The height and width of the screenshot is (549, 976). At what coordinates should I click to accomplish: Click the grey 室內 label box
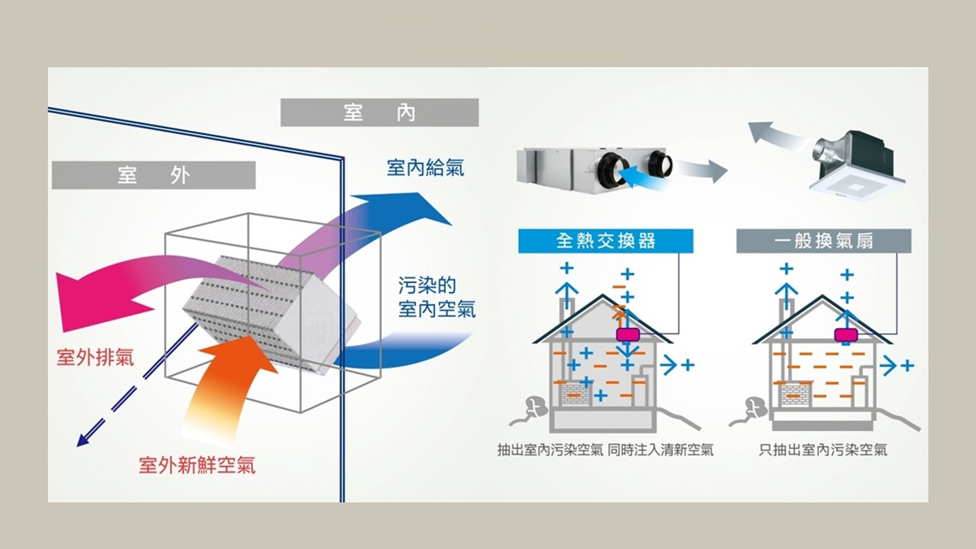point(380,112)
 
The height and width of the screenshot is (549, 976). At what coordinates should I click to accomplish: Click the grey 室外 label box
point(153,175)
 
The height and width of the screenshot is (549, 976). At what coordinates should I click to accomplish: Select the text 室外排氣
point(95,357)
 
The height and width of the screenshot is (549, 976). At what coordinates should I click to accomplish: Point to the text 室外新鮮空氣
point(198,465)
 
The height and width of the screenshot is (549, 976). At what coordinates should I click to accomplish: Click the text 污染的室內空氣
point(437,298)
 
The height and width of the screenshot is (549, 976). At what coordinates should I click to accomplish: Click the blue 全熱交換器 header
point(606,242)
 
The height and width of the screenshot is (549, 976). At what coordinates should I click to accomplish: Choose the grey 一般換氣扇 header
point(823,242)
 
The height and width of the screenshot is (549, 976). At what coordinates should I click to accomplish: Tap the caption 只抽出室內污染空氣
point(822,449)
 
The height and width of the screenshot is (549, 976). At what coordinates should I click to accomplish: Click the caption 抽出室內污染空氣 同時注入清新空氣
point(605,449)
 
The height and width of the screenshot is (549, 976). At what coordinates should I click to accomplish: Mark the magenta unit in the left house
point(629,334)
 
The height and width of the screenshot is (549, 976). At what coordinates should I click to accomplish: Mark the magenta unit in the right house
point(847,334)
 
